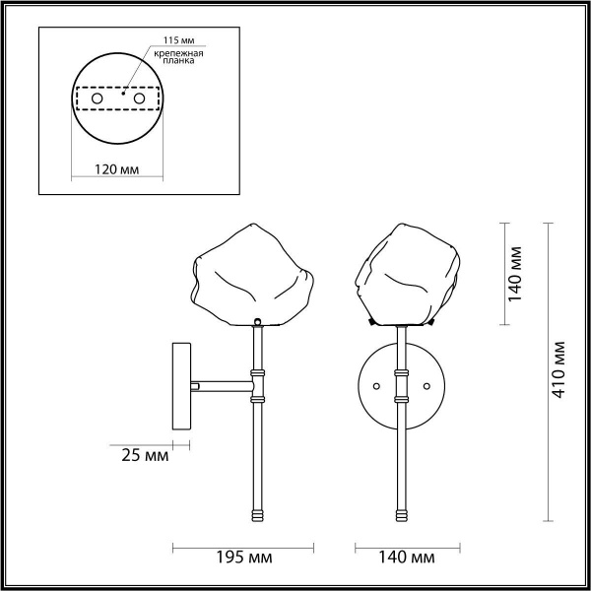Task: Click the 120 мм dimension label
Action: (116, 169)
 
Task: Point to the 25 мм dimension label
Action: (144, 456)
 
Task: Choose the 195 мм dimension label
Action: (245, 558)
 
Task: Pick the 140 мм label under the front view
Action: (407, 558)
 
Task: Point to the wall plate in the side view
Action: (182, 385)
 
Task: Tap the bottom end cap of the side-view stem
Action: (258, 514)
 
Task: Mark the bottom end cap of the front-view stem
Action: (402, 514)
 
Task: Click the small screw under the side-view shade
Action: (257, 321)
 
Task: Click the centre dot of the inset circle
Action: (119, 96)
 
